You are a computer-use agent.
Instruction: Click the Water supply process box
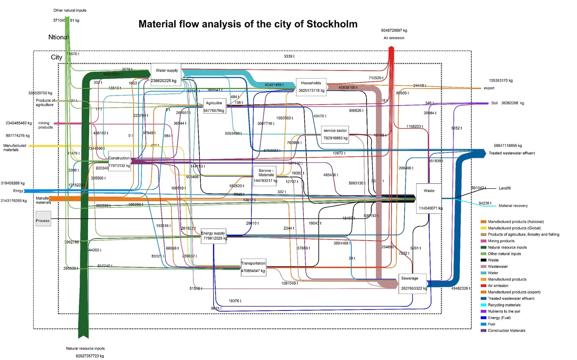pos(166,74)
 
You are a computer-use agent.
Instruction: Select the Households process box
pos(311,87)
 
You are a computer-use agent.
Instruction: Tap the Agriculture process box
pos(214,106)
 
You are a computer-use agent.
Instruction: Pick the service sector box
pos(335,134)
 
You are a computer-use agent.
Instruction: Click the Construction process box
pos(119,161)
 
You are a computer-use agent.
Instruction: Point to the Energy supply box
pos(213,236)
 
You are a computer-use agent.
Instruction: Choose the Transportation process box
pos(253,267)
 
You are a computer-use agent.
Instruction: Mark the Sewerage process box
pos(412,283)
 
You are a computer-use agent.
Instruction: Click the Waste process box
pos(429,198)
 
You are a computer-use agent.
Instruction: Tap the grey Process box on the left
pos(43,219)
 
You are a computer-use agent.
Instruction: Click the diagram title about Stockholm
pos(248,24)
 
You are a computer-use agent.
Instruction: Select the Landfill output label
pos(505,188)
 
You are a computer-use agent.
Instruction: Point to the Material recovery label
pos(513,206)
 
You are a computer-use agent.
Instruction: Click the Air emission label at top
pos(394,38)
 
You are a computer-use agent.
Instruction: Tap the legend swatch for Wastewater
pos(484,266)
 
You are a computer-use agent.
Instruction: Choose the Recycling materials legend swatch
pos(484,305)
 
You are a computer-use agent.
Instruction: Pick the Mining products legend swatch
pos(484,241)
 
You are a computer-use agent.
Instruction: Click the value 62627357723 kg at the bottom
pos(90,356)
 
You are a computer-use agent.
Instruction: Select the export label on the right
pos(489,88)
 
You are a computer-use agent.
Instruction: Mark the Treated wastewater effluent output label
pos(512,153)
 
